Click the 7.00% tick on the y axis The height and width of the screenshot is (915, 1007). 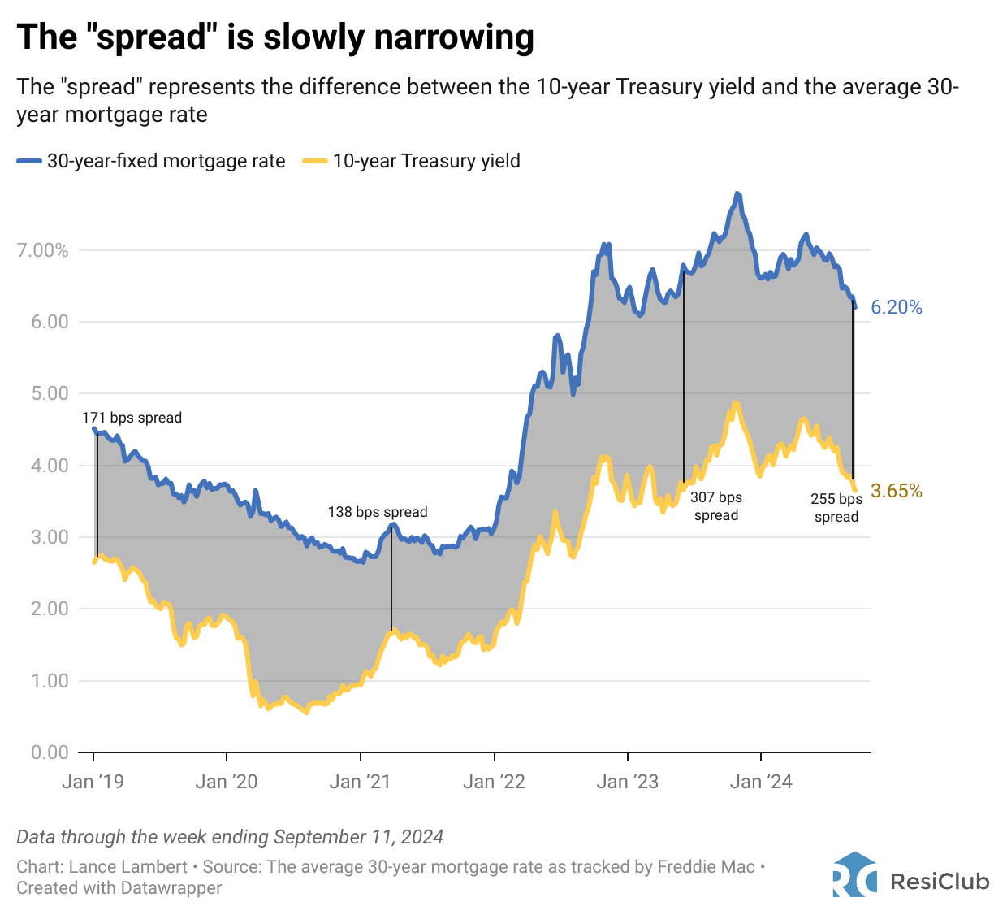42,250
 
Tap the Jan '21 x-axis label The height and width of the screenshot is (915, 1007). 360,782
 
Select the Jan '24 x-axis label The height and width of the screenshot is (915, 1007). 761,782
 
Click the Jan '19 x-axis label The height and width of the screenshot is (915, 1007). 93,782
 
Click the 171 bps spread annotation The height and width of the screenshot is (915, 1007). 132,418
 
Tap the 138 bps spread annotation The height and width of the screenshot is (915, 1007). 378,512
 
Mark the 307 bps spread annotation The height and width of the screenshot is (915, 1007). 716,506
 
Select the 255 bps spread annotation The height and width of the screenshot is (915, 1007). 836,508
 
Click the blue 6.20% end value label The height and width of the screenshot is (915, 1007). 897,307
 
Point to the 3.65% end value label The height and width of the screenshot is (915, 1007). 897,491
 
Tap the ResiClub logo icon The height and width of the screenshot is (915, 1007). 854,875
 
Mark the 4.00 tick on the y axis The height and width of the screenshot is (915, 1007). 50,466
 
